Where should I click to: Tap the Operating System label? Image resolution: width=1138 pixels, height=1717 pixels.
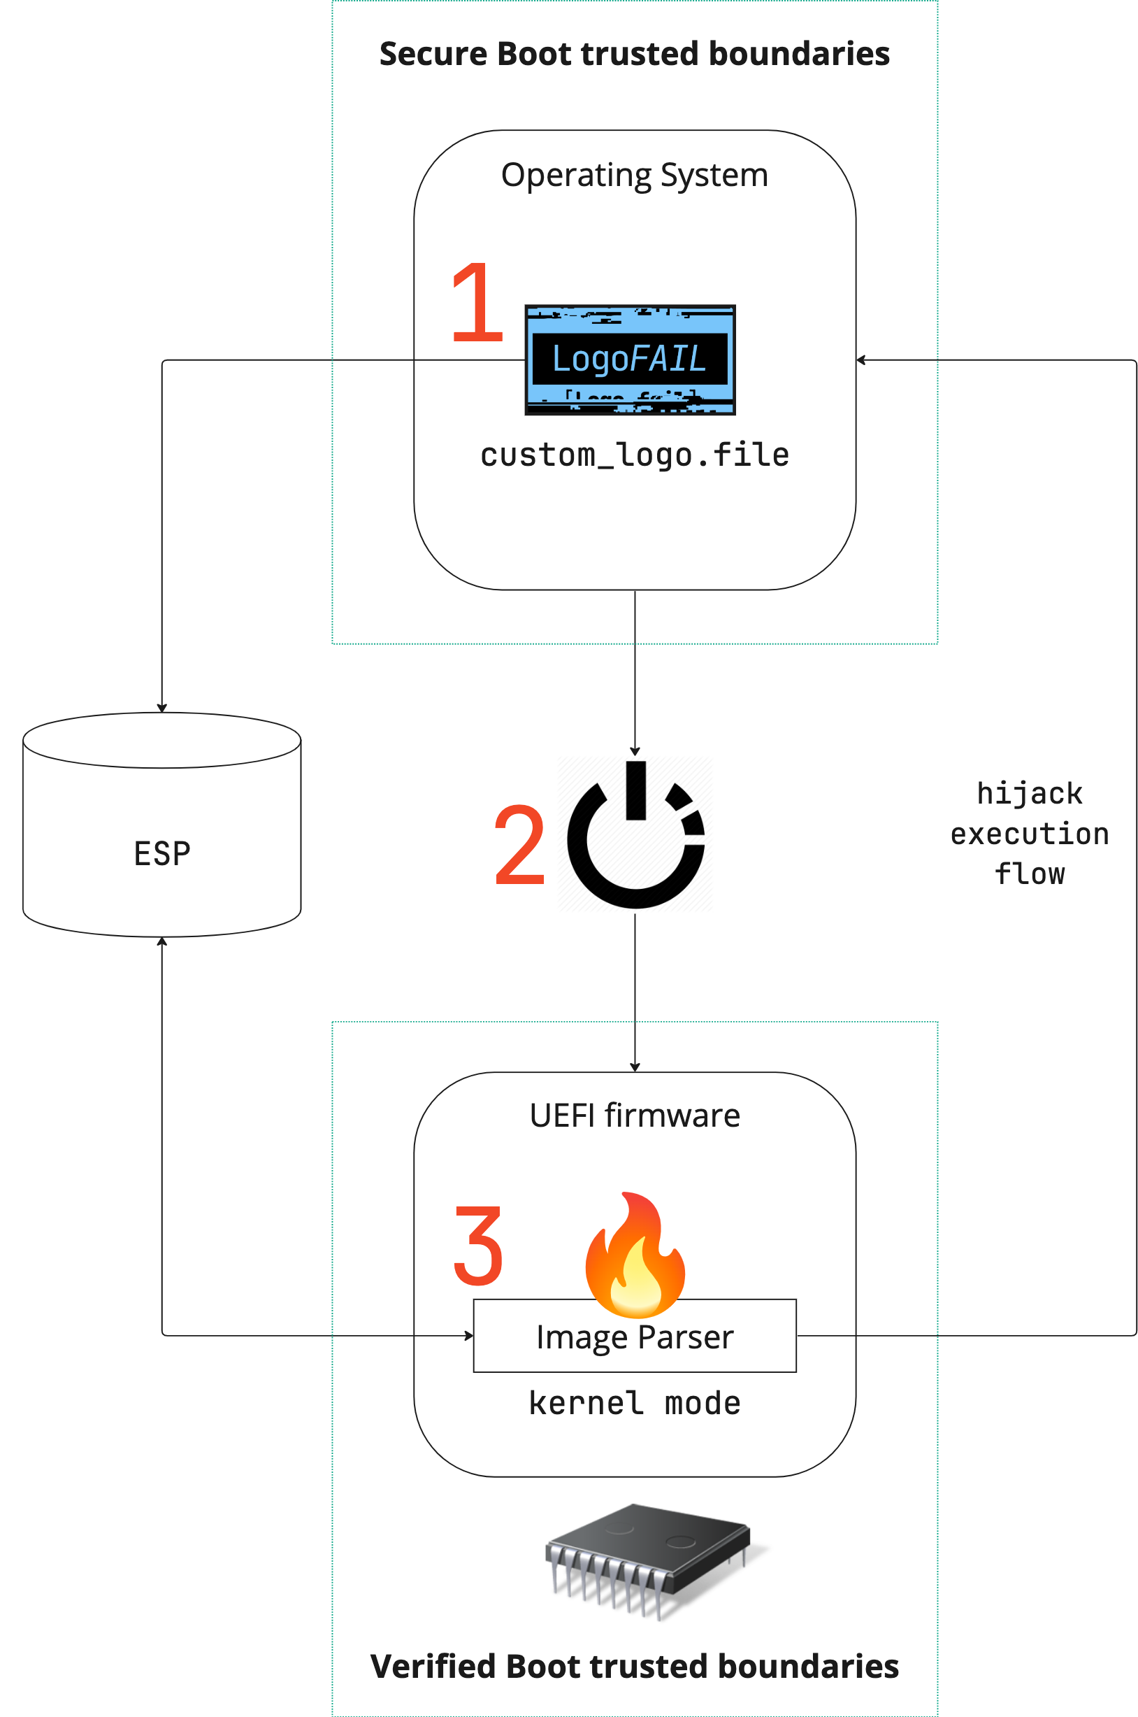[634, 176]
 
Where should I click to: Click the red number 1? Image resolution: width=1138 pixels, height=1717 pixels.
[476, 308]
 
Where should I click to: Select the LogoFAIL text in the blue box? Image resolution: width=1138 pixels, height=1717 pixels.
[629, 359]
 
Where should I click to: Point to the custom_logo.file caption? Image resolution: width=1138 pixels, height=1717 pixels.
[634, 456]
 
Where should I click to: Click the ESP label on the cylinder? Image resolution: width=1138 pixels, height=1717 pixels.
[162, 854]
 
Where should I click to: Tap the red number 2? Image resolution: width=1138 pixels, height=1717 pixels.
[519, 845]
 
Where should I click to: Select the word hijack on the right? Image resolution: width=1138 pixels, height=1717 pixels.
[1029, 794]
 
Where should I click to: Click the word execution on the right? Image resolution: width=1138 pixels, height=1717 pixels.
[1029, 834]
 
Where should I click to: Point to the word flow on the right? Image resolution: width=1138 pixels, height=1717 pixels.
[1029, 874]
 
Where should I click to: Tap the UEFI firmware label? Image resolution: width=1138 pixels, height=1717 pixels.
[634, 1115]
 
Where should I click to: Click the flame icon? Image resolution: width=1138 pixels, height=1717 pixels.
[634, 1271]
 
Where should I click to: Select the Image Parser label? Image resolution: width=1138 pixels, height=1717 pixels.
[634, 1338]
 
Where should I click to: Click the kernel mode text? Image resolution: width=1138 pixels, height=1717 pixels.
[634, 1404]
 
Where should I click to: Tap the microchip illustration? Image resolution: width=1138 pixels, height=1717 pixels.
[646, 1558]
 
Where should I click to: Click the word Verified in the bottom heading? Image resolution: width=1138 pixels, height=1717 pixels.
[433, 1667]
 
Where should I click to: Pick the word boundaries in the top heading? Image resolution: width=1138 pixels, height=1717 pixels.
[799, 55]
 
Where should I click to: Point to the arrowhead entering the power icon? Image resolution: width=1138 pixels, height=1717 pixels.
[635, 752]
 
